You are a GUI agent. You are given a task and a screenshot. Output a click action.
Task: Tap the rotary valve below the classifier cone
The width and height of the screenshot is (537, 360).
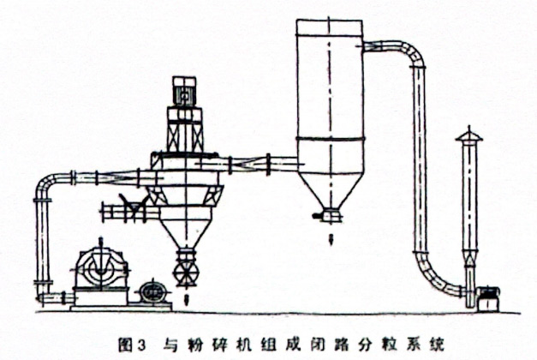[186, 267]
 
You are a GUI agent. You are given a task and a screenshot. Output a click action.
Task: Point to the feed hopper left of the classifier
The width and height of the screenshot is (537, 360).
[128, 205]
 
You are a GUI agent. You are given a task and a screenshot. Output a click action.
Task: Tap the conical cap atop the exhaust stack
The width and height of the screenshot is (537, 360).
[468, 135]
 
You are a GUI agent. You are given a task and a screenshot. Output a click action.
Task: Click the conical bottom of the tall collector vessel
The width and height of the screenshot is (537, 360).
[329, 189]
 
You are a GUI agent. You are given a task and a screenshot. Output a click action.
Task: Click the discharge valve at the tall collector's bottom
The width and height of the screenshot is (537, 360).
[330, 215]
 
